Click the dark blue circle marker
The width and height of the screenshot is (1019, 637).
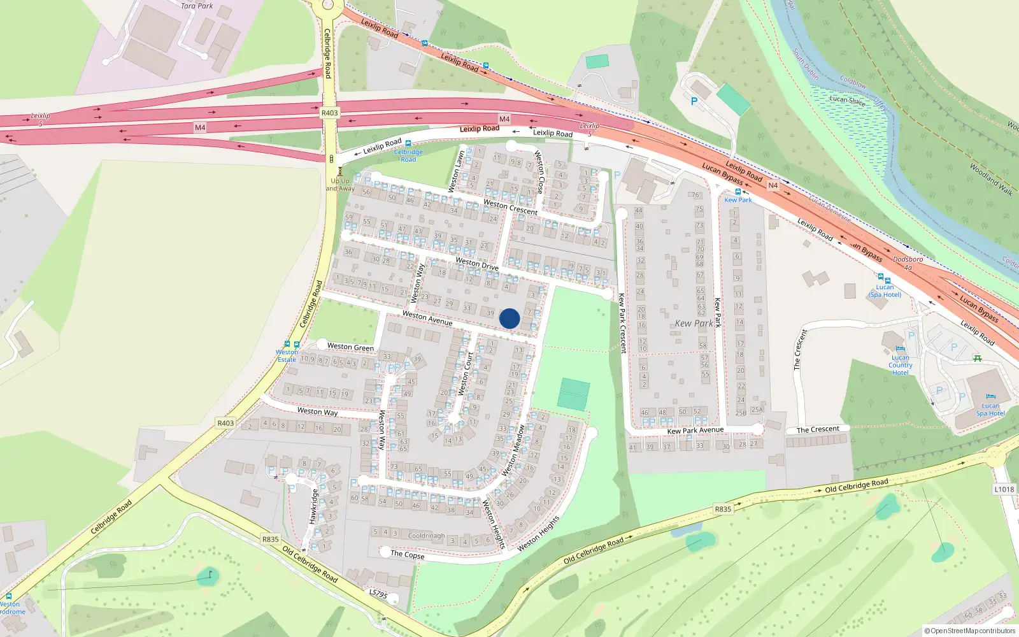coord(509,318)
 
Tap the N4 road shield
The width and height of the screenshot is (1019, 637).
coord(773,185)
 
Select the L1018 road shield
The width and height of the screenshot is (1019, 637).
coord(1004,489)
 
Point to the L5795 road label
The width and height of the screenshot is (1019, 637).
coord(378,594)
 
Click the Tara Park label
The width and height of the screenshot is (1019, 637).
coord(197,6)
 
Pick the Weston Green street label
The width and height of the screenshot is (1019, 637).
coord(350,347)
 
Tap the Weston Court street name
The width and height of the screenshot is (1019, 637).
coord(466,374)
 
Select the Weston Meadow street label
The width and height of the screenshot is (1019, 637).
coord(513,450)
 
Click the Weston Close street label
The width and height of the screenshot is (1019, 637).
coord(539,172)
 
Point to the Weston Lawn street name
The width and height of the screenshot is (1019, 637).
coord(457,170)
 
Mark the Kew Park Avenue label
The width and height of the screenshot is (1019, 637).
coord(695,431)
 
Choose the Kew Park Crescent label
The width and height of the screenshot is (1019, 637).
coord(622,323)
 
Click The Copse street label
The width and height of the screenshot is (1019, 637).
coord(408,554)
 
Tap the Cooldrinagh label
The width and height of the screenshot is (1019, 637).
coord(426,536)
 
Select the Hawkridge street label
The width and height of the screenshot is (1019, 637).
coord(313,506)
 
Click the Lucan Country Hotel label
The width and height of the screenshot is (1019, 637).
coord(900,365)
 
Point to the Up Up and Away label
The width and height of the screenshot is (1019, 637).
coord(340,184)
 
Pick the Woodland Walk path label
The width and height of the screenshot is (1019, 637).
coord(991,180)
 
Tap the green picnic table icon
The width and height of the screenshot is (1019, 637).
coord(977,358)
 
